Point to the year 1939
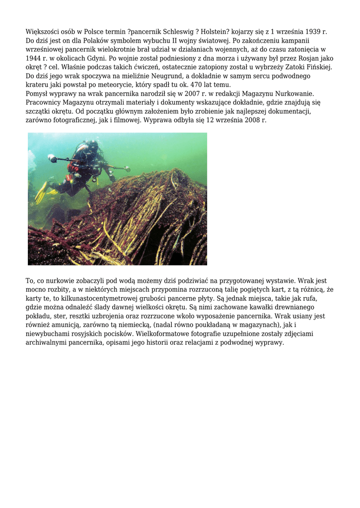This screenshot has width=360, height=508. click(309, 32)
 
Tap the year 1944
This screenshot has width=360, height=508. click(34, 59)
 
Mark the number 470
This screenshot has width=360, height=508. click(179, 85)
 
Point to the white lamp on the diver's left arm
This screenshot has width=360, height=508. click(52, 158)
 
